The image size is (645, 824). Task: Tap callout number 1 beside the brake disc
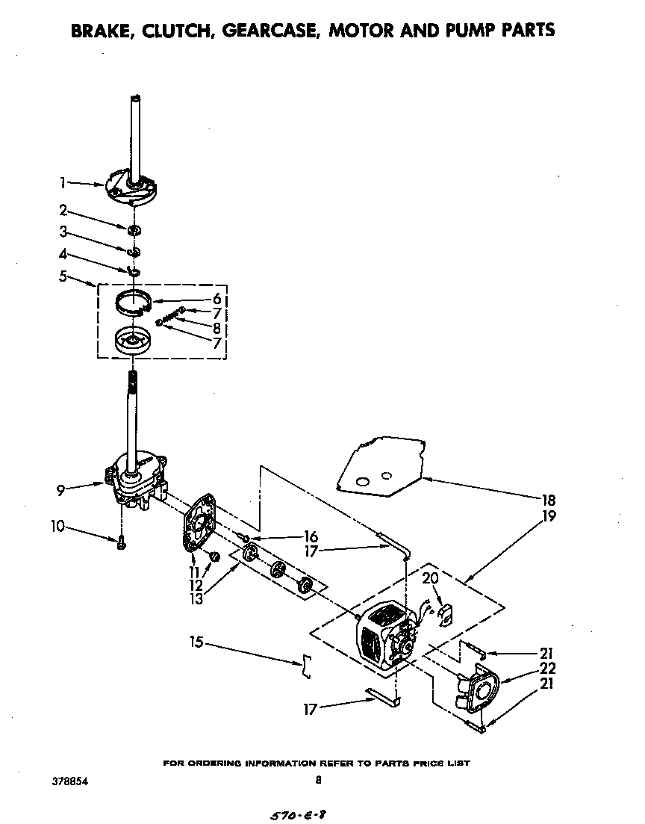[x=63, y=182]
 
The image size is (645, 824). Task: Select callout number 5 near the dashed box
[x=63, y=276]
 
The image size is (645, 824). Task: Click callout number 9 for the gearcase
[x=61, y=491]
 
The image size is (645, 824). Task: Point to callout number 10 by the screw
[x=57, y=527]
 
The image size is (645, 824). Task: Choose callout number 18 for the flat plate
[x=549, y=501]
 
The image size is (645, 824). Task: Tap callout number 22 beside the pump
[x=548, y=669]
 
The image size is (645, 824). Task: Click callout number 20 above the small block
[x=431, y=577]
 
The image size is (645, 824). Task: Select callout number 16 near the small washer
[x=311, y=536]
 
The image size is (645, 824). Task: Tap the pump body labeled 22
[x=477, y=688]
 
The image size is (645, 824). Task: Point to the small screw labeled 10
[x=120, y=543]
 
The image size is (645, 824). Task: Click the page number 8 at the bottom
[x=318, y=781]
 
